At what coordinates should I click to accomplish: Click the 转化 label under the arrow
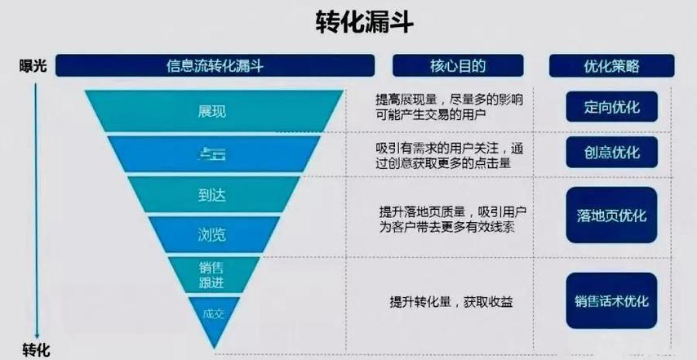(x=36, y=349)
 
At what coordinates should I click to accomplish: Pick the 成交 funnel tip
(x=213, y=314)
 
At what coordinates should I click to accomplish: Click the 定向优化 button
(x=611, y=107)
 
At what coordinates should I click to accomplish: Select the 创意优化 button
(x=611, y=153)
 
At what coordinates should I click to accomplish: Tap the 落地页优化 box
(x=611, y=216)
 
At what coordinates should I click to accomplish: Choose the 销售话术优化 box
(x=611, y=300)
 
